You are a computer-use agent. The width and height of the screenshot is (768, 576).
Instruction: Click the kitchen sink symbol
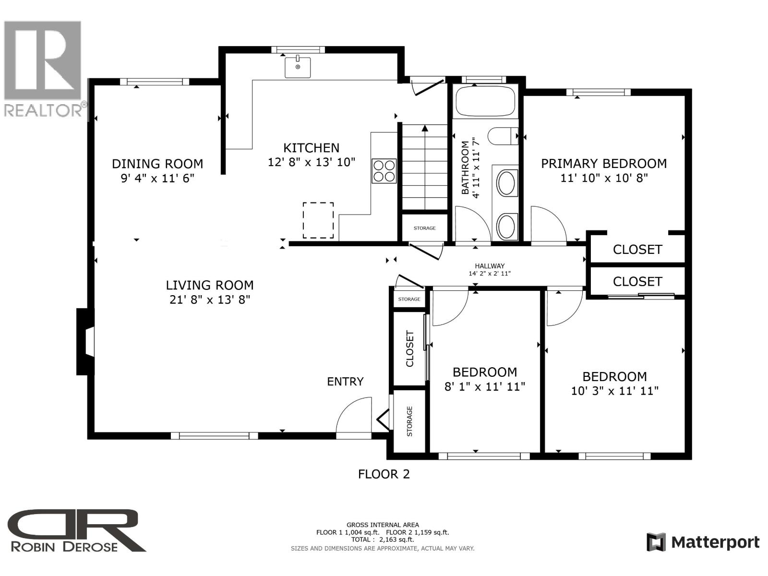298,67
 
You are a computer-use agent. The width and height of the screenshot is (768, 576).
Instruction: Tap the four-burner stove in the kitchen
384,171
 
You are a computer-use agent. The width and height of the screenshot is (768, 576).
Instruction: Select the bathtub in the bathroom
485,101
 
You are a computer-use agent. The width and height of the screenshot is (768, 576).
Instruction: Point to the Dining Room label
157,164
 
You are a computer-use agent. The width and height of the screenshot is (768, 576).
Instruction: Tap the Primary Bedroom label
604,164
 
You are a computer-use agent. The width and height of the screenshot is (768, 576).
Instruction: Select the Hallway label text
490,266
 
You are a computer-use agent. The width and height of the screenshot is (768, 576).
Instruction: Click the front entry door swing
354,418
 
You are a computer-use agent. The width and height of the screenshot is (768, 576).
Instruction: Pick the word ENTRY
345,382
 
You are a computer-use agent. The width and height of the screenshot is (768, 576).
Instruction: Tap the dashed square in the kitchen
318,220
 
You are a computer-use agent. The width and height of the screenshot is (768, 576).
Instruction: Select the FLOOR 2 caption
384,474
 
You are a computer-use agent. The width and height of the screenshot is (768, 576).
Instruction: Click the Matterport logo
703,542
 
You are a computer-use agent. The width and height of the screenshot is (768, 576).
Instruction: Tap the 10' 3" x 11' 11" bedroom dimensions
614,391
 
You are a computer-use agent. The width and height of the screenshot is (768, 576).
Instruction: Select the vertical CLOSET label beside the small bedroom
410,348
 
